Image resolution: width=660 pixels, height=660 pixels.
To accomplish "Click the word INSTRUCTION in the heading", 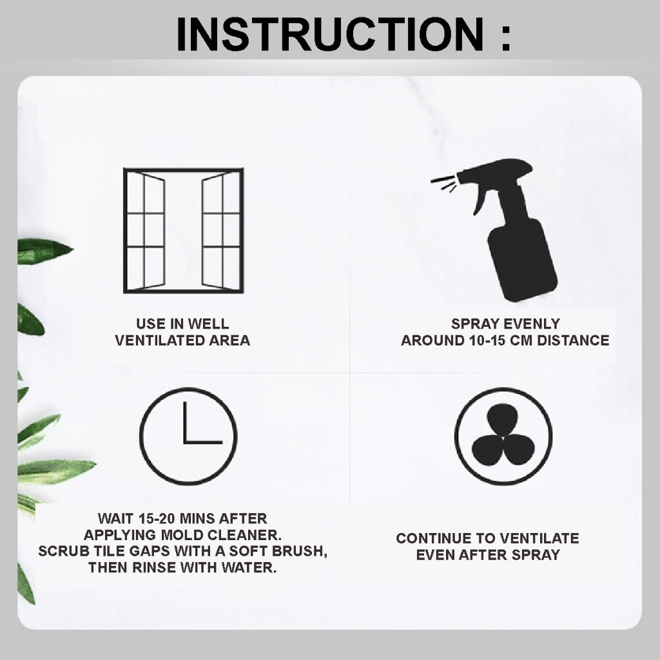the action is coord(330,34).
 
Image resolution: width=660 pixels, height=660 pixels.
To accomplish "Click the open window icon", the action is coord(184,230).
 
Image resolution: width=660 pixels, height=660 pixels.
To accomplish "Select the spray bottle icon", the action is coord(495,230).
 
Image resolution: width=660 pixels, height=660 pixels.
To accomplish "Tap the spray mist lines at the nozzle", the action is coord(443,184).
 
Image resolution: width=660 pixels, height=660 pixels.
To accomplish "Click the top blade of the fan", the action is coord(503,419).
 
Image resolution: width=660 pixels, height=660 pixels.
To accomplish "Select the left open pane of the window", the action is coord(153,230).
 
